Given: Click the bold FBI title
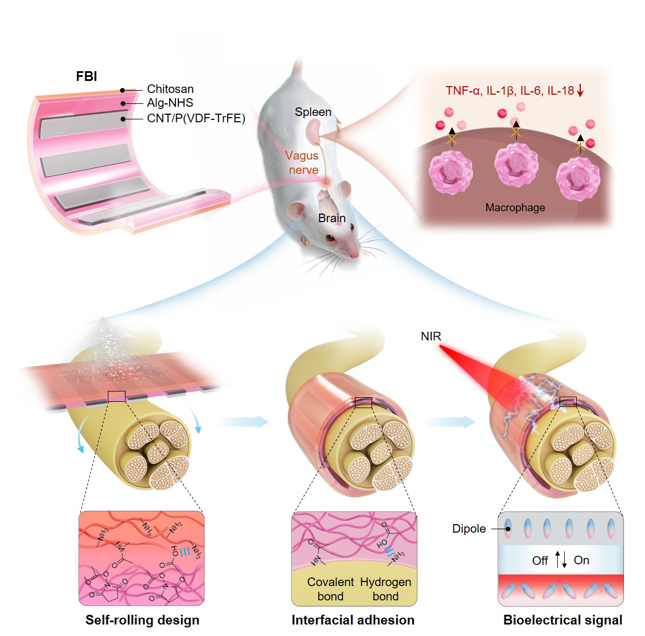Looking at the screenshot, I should pyautogui.click(x=87, y=76).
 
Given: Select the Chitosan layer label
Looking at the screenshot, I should pyautogui.click(x=170, y=89).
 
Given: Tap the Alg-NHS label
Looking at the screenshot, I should pyautogui.click(x=170, y=103).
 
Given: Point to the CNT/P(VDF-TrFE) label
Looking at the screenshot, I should pyautogui.click(x=196, y=118).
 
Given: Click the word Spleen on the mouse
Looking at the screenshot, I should pyautogui.click(x=313, y=112).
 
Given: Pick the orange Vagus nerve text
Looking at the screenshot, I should pyautogui.click(x=302, y=162).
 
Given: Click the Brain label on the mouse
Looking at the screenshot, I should pyautogui.click(x=332, y=218).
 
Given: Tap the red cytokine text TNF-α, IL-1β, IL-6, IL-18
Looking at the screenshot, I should pyautogui.click(x=510, y=91).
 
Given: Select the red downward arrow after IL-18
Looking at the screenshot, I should pyautogui.click(x=580, y=91).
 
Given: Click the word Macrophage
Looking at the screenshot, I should pyautogui.click(x=515, y=208).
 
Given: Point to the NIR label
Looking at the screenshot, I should pyautogui.click(x=431, y=336).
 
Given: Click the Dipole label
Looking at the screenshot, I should pyautogui.click(x=469, y=529).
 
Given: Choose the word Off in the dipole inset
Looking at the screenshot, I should pyautogui.click(x=540, y=561).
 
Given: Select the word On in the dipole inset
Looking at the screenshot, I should pyautogui.click(x=581, y=560).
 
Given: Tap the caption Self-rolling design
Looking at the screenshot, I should pyautogui.click(x=142, y=620).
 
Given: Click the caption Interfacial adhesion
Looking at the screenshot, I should pyautogui.click(x=353, y=620).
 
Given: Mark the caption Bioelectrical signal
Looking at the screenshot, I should pyautogui.click(x=562, y=620).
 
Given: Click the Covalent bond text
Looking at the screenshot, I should pyautogui.click(x=331, y=589).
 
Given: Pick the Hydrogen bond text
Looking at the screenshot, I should pyautogui.click(x=385, y=589).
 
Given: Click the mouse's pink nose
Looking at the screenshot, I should pyautogui.click(x=355, y=254).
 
